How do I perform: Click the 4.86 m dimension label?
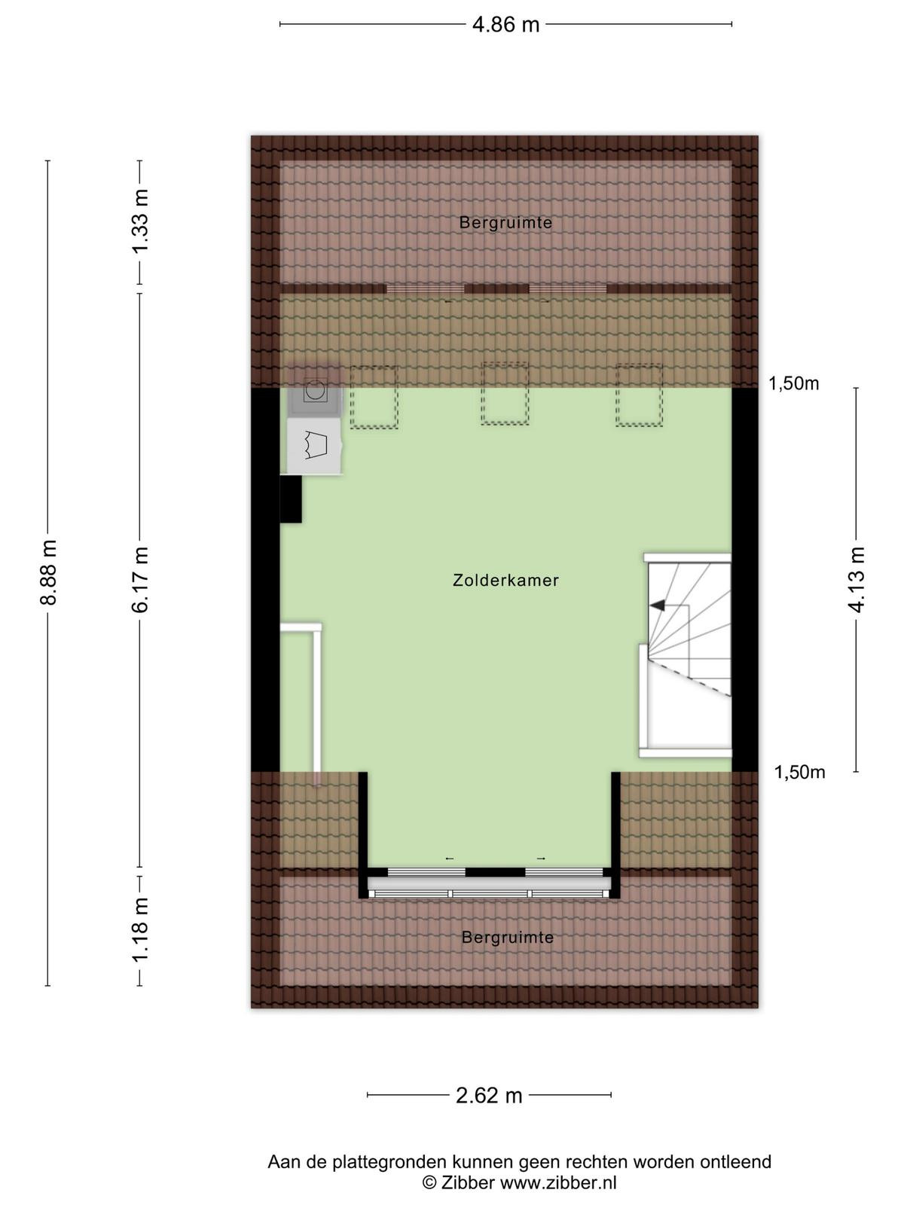[x=505, y=25]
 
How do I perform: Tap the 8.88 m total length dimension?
[x=48, y=572]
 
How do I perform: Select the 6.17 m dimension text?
[x=140, y=579]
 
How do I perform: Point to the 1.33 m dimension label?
[x=140, y=221]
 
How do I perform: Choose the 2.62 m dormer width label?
[x=488, y=1095]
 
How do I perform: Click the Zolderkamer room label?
[x=505, y=580]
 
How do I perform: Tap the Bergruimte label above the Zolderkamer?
[x=505, y=223]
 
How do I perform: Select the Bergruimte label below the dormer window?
[x=507, y=937]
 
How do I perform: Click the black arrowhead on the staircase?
[x=658, y=605]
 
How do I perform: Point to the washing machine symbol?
[x=315, y=391]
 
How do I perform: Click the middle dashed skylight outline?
[x=505, y=393]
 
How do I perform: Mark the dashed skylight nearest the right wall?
[x=639, y=395]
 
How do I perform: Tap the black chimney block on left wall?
[x=291, y=499]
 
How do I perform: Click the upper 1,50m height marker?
[x=794, y=384]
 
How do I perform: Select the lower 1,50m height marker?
[x=799, y=773]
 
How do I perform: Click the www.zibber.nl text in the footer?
[x=558, y=1182]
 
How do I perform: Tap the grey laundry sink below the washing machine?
[x=315, y=445]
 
